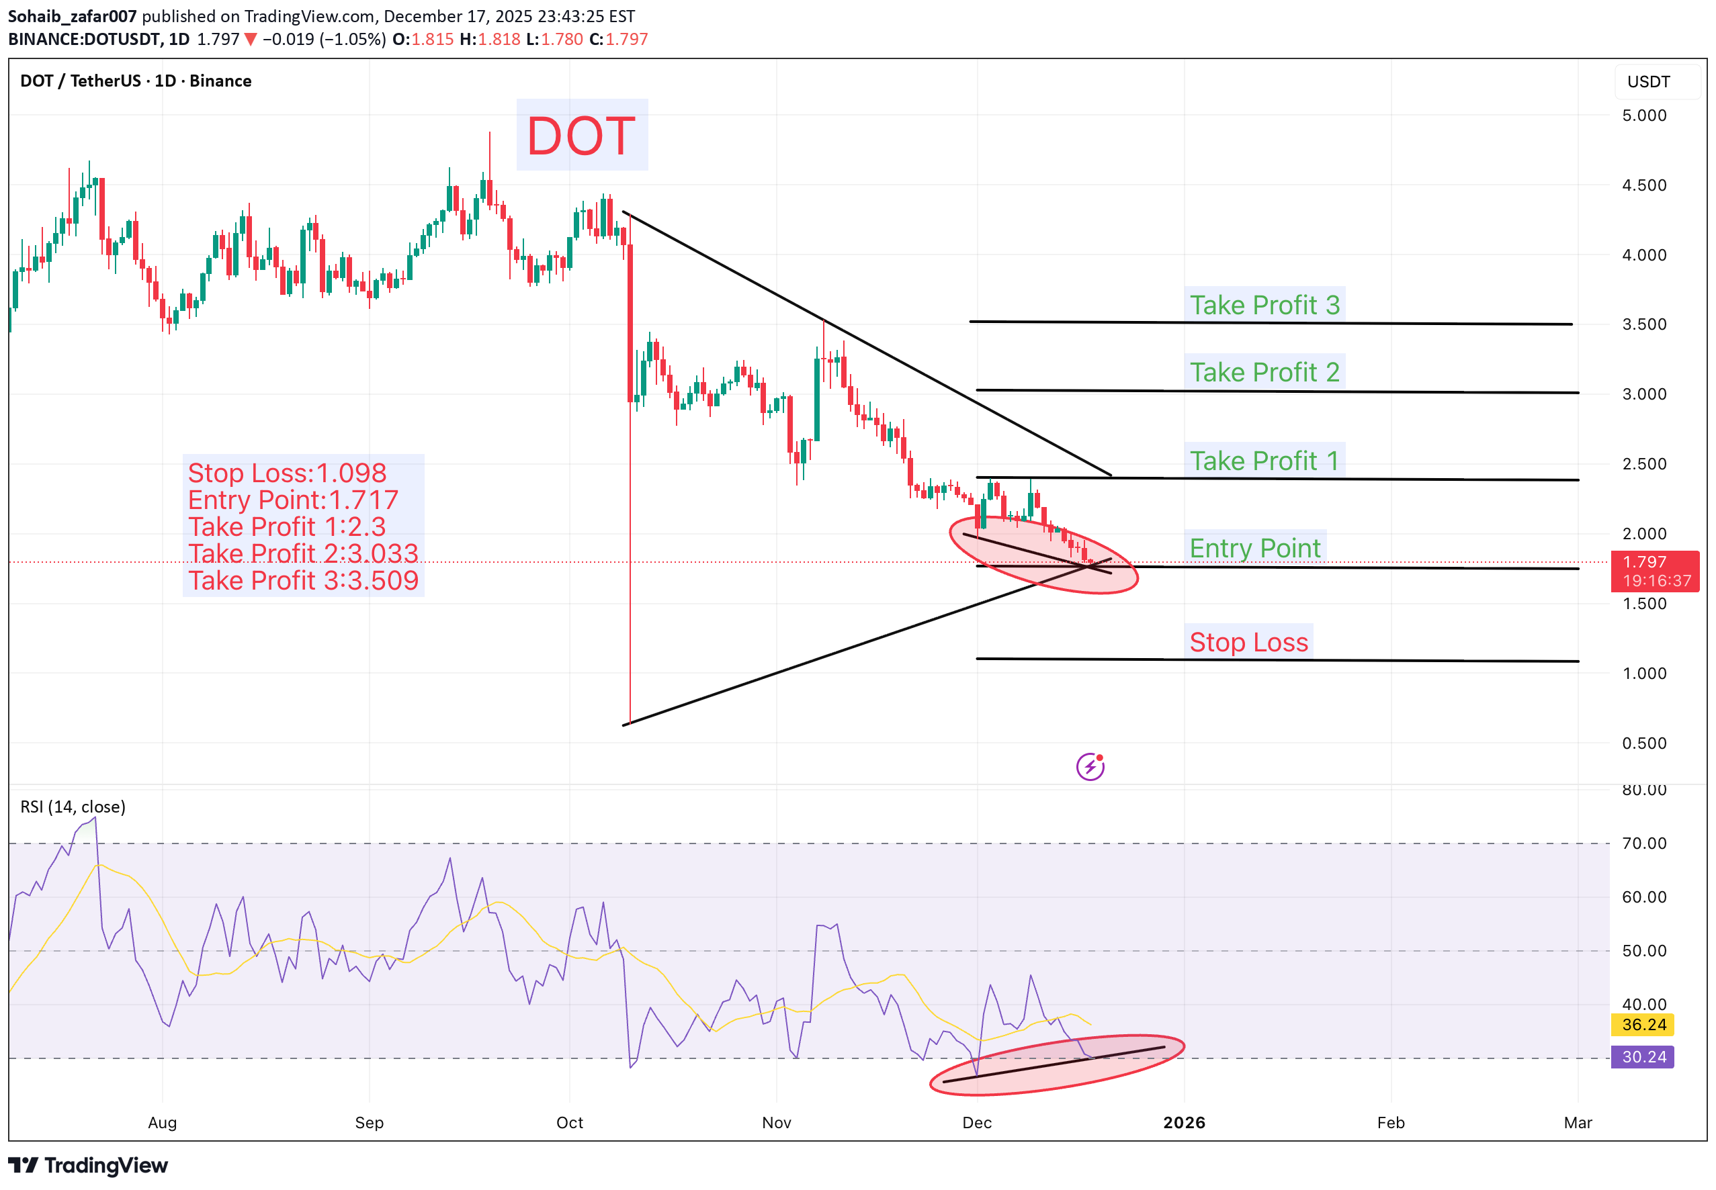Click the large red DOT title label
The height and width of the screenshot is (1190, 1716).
(581, 136)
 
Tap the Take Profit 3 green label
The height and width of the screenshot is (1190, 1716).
(1264, 305)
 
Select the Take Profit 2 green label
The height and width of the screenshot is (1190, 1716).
(1264, 372)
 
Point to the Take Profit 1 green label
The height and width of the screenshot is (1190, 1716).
(1264, 461)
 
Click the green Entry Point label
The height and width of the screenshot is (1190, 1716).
(1254, 548)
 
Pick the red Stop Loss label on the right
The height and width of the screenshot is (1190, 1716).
(1248, 642)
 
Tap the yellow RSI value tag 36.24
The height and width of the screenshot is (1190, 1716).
(1643, 1025)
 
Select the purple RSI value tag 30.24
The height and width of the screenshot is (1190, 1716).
(1643, 1056)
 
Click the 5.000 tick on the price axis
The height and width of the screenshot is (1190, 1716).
(1643, 116)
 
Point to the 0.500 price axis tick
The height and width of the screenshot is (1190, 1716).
(1643, 743)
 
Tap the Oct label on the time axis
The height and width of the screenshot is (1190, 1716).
(570, 1123)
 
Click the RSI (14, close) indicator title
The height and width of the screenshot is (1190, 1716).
(73, 807)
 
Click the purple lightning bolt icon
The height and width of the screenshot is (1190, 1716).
(1090, 766)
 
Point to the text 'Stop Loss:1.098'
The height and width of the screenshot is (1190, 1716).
(287, 473)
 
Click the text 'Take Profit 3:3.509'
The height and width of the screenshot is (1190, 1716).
(303, 580)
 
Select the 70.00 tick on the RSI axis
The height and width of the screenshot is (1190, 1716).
(1643, 843)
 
